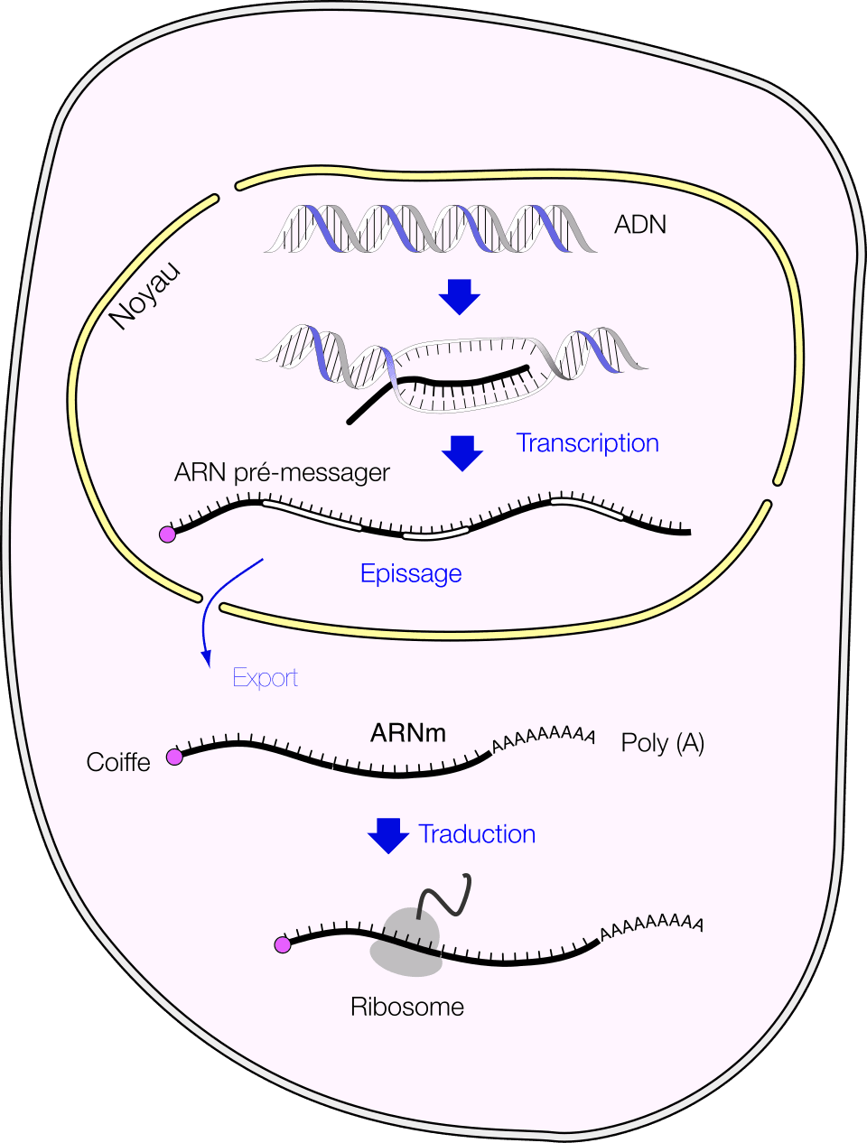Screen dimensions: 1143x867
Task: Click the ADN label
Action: point(639,224)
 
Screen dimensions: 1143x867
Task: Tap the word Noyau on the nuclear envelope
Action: point(145,296)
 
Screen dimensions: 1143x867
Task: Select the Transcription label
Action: point(587,443)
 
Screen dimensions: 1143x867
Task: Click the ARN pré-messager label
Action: point(282,472)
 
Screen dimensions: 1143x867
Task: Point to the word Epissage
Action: point(411,573)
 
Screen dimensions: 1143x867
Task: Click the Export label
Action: point(265,678)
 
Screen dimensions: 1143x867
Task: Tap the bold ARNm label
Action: point(408,732)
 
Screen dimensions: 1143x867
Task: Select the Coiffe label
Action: point(118,763)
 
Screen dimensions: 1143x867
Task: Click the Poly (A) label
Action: point(663,743)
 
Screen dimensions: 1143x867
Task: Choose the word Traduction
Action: point(477,834)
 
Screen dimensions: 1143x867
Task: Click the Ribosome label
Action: point(407,1007)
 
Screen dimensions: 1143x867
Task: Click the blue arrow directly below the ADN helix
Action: point(460,296)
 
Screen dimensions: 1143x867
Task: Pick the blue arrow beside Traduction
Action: point(388,835)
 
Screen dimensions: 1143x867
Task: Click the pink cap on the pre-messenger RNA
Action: point(167,534)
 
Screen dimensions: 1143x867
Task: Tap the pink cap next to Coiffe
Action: point(174,757)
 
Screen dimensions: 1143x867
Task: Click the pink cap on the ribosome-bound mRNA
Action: point(283,944)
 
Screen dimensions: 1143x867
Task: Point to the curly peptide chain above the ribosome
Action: point(446,896)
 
